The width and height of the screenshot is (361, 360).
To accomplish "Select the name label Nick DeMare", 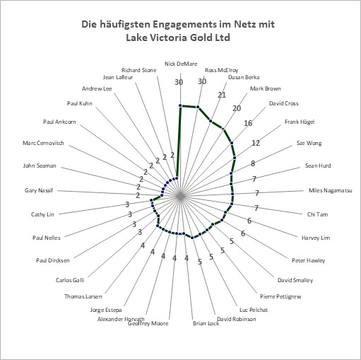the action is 181,64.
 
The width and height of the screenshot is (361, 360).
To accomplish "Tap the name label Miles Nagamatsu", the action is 331,190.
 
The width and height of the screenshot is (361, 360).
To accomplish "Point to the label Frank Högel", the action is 300,122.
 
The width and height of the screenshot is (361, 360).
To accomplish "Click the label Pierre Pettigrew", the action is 280,296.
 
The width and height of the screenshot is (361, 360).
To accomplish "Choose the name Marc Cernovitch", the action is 43,143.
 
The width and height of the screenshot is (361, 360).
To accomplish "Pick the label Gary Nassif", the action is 39,190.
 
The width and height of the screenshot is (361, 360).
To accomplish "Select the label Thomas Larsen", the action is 83,296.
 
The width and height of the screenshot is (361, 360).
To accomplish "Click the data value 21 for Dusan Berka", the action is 222,95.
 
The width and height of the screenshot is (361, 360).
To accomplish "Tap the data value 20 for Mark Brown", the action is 237,108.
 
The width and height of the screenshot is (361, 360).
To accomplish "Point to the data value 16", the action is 248,123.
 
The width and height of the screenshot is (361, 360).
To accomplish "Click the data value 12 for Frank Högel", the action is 256,143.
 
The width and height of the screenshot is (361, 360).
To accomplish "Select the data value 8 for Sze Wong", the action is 253,163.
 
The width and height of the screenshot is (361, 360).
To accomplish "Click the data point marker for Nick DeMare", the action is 180,105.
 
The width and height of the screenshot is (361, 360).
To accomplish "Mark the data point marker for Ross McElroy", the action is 198,108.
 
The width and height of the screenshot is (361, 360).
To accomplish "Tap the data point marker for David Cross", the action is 232,143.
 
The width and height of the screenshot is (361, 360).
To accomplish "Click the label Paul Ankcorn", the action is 59,122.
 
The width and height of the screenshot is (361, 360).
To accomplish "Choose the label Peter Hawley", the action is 308,260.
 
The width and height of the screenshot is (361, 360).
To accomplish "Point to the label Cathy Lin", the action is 42,214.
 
